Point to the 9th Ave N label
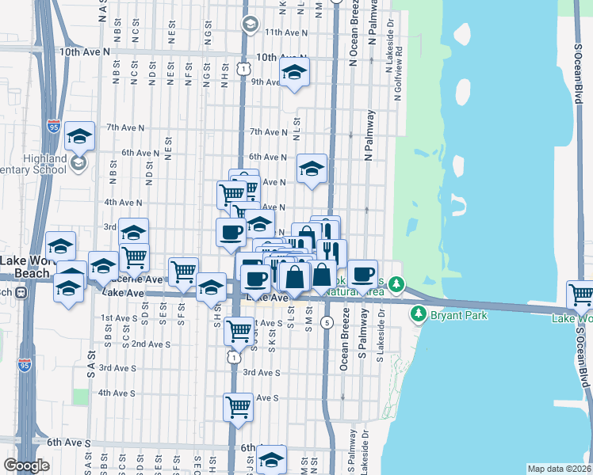point(266,82)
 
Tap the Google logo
point(26,465)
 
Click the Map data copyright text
point(560,469)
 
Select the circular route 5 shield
point(327,322)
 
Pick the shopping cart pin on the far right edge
point(582,295)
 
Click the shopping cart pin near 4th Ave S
point(239,408)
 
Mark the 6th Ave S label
point(68,443)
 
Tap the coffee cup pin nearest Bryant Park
point(363,275)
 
